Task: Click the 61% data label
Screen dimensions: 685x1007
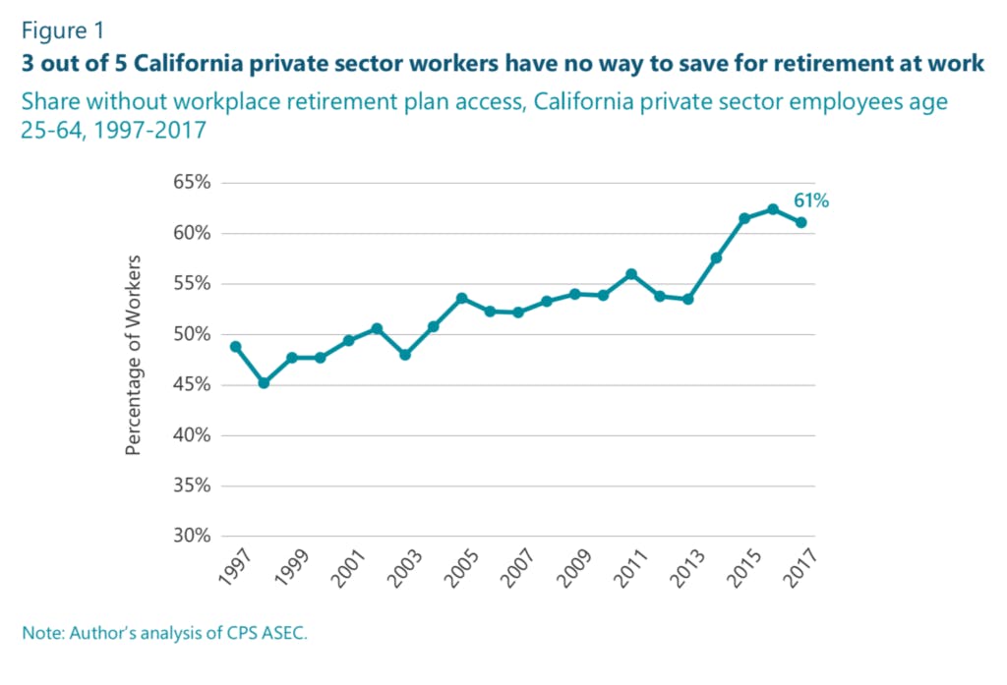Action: [811, 200]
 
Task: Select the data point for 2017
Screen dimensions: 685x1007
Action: [801, 222]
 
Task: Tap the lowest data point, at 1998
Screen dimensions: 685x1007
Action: [264, 382]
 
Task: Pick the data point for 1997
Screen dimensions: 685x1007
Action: [235, 347]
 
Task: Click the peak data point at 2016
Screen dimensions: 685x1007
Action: [773, 208]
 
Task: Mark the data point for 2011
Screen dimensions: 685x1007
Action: [631, 274]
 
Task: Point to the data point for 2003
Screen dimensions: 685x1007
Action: [405, 354]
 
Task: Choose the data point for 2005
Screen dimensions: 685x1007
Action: [461, 298]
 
